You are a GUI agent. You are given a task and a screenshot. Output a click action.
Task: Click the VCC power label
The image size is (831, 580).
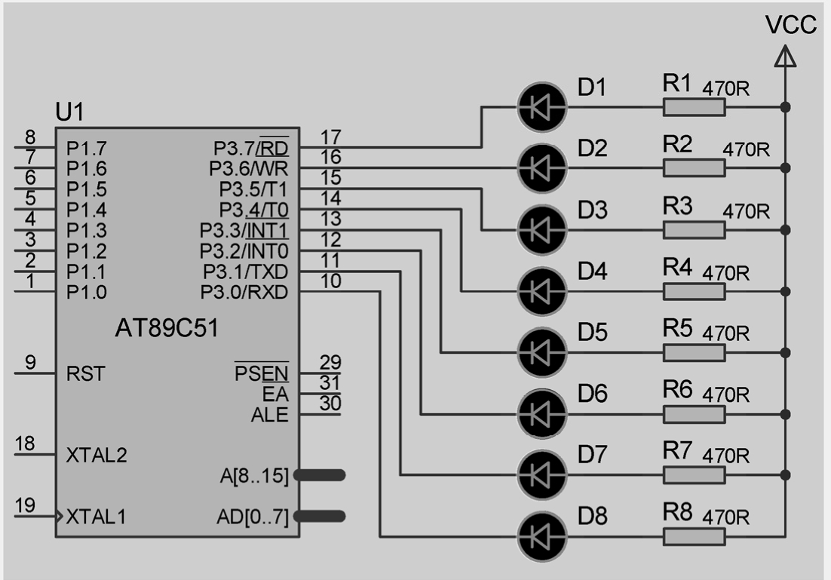click(790, 25)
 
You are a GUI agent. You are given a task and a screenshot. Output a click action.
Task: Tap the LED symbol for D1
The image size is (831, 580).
click(541, 107)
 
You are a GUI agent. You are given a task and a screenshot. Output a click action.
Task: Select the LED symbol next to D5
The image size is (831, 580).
click(541, 351)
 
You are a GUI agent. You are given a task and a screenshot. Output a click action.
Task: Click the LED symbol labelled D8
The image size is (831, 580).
click(541, 536)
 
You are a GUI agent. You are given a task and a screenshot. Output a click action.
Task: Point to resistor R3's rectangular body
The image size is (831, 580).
click(694, 229)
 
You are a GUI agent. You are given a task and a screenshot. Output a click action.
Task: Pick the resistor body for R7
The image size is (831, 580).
click(694, 474)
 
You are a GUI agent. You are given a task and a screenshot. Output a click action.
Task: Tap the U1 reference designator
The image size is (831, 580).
click(70, 113)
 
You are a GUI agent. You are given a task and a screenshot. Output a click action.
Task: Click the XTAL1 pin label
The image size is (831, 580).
click(96, 517)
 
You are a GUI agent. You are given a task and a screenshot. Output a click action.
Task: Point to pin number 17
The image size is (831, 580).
click(330, 137)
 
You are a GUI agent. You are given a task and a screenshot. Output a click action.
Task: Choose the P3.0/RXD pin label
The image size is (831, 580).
click(244, 292)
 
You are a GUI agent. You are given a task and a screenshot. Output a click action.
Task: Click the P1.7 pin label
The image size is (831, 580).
click(87, 147)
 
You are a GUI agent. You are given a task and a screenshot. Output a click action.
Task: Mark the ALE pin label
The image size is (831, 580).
click(269, 415)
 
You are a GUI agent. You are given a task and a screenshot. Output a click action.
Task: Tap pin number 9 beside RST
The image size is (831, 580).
click(30, 362)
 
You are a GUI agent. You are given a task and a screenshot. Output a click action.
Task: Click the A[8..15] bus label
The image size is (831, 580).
click(253, 475)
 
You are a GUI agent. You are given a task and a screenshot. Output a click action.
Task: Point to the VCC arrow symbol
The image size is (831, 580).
click(786, 56)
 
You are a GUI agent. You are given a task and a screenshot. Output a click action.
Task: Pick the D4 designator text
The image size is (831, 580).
click(592, 271)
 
